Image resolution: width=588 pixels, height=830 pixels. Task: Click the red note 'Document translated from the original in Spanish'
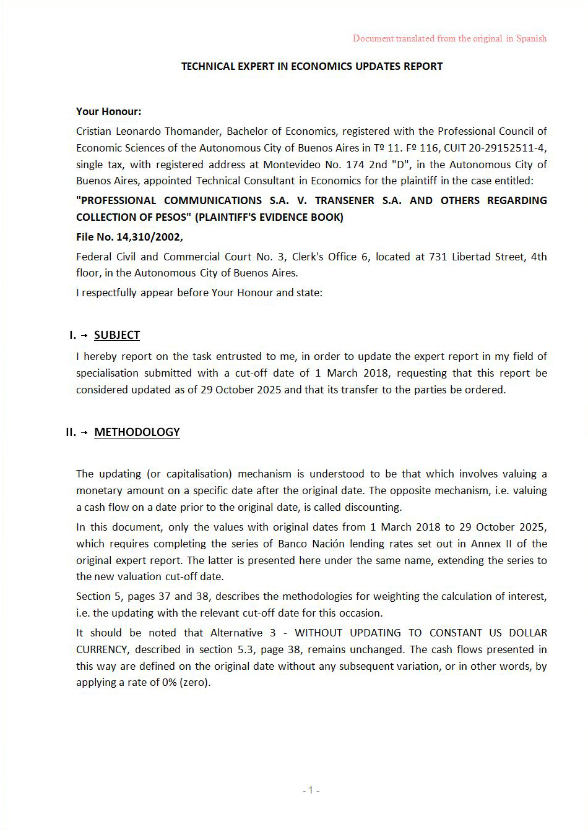point(449,38)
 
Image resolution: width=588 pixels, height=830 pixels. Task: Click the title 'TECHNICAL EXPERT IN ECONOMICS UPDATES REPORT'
point(312,66)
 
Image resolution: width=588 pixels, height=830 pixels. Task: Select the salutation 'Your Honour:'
point(108,111)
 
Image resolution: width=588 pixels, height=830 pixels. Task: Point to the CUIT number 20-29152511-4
point(508,148)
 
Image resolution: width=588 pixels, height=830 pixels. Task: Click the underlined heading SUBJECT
point(117,335)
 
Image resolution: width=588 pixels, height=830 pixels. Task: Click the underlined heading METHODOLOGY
point(137,432)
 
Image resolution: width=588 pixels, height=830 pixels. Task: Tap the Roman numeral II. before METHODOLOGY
point(71,432)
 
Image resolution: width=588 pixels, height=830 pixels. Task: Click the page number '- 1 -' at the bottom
point(311,790)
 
